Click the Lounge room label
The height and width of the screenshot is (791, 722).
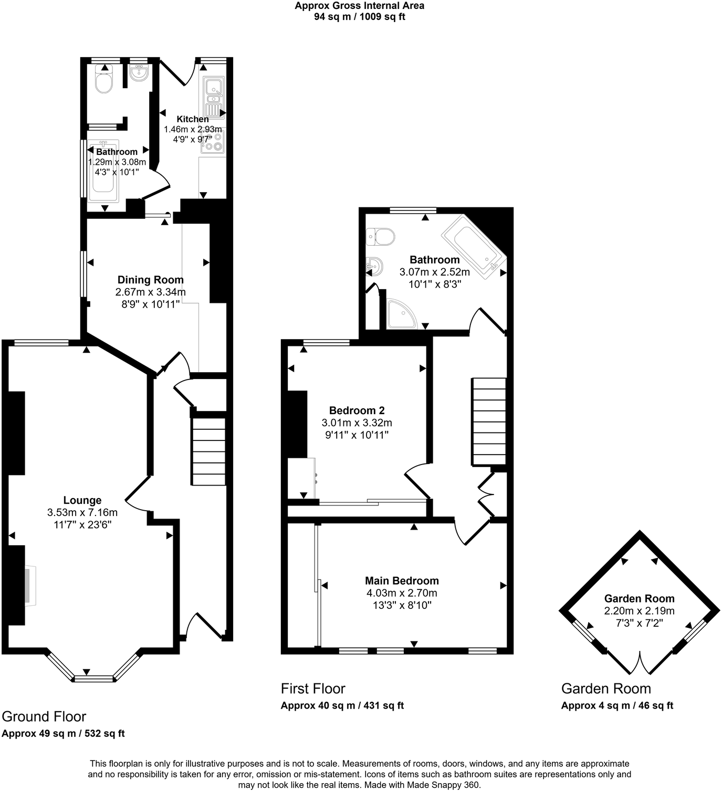click(82, 500)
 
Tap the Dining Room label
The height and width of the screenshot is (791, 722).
click(150, 280)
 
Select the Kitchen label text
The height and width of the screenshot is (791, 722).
click(192, 119)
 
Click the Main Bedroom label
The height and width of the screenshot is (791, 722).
click(402, 581)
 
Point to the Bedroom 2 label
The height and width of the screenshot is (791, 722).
click(357, 410)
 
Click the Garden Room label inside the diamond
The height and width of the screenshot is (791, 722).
click(639, 598)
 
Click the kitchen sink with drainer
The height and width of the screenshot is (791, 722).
click(214, 98)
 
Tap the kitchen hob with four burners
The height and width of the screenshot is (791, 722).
click(213, 141)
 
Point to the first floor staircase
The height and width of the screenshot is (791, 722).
click(489, 421)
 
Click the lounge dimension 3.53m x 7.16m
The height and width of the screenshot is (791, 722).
click(82, 513)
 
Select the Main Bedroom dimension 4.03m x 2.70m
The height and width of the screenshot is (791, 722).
click(402, 593)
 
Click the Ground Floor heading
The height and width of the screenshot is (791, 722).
click(44, 716)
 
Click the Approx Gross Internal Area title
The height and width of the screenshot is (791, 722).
click(359, 6)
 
